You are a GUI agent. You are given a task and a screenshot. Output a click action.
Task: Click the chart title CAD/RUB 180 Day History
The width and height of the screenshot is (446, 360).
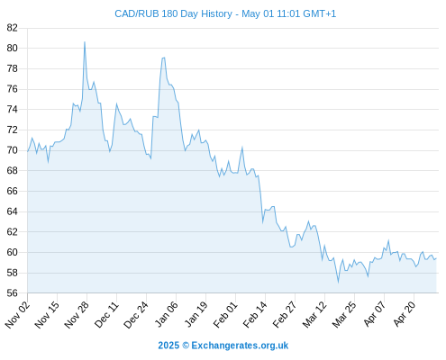[x=173, y=13]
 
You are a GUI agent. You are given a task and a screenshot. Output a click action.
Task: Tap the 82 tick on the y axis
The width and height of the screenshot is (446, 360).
[x=13, y=28]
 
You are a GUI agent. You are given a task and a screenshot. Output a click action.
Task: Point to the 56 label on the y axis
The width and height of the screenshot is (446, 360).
[x=13, y=292]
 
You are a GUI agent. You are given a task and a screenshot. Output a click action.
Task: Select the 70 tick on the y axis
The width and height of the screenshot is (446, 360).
[x=13, y=150]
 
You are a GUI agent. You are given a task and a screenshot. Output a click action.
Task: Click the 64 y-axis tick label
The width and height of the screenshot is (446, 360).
[x=13, y=211]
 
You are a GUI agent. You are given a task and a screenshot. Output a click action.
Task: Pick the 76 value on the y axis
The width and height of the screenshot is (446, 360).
[x=13, y=89]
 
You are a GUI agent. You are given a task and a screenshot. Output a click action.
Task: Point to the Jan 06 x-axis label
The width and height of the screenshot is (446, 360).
[x=166, y=314]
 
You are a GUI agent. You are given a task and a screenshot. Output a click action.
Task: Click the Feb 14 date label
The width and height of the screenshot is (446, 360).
[x=255, y=314]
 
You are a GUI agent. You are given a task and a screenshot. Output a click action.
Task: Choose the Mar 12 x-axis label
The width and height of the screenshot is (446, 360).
[x=314, y=314]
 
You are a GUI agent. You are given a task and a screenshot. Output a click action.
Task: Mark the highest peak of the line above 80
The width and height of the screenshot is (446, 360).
[x=85, y=42]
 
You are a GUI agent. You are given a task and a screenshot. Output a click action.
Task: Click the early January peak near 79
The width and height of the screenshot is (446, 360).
[x=164, y=58]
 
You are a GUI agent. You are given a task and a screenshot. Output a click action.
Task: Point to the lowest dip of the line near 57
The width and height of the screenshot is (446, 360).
[x=338, y=283]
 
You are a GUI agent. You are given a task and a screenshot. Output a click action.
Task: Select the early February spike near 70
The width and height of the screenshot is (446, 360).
[x=242, y=148]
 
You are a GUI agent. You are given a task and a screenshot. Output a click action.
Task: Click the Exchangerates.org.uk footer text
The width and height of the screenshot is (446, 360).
[x=240, y=346]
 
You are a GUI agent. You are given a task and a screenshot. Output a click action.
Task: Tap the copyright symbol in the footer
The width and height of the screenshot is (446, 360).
[x=186, y=346]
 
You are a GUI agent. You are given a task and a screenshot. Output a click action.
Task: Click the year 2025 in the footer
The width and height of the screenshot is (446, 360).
[x=168, y=346]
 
